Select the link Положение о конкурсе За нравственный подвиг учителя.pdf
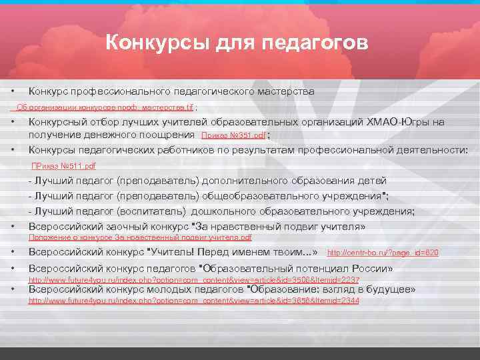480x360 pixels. point(140,237)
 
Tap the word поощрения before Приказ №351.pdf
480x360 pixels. point(157,135)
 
